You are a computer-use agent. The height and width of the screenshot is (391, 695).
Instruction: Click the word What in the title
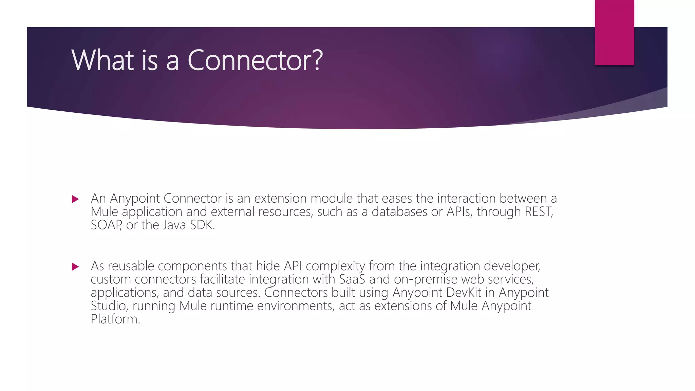click(103, 60)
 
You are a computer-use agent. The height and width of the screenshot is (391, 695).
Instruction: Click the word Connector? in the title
click(255, 60)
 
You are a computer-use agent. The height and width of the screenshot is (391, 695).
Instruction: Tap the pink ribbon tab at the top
click(614, 33)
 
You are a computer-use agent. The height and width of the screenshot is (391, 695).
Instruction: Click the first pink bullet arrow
click(75, 199)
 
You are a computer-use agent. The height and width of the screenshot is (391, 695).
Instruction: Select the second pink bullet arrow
click(75, 267)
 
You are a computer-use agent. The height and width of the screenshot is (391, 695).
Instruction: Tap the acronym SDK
click(202, 225)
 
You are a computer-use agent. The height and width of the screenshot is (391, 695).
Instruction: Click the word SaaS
click(352, 279)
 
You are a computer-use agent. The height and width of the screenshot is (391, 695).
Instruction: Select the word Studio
click(109, 306)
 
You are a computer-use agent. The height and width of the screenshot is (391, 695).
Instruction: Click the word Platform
click(115, 319)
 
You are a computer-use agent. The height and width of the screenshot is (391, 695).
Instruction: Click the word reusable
click(131, 266)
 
